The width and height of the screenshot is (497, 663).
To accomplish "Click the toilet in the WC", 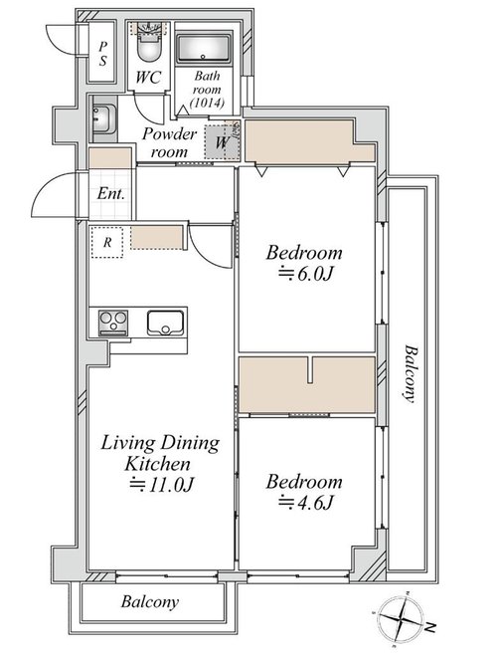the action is click(149, 46).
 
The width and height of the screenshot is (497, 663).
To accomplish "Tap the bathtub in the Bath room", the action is click(203, 48).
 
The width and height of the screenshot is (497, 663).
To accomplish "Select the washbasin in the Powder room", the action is click(104, 118).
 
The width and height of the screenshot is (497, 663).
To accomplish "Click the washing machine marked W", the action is click(222, 142).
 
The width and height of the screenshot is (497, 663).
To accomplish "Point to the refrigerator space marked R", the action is click(107, 242).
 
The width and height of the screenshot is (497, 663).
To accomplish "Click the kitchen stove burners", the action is click(112, 323).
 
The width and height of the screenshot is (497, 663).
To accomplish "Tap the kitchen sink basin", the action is click(165, 323).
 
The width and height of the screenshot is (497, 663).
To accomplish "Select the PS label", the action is click(102, 54).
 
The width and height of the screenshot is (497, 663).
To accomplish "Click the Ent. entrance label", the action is click(110, 194).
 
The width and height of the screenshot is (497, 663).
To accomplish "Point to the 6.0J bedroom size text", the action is click(306, 274).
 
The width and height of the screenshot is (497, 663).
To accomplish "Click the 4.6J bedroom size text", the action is click(306, 503).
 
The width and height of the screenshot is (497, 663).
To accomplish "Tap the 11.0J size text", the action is click(161, 485).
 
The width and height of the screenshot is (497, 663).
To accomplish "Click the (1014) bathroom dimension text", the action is click(207, 103).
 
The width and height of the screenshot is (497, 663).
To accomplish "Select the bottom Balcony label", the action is click(149, 601).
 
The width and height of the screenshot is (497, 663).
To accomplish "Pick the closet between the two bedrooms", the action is click(307, 384).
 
